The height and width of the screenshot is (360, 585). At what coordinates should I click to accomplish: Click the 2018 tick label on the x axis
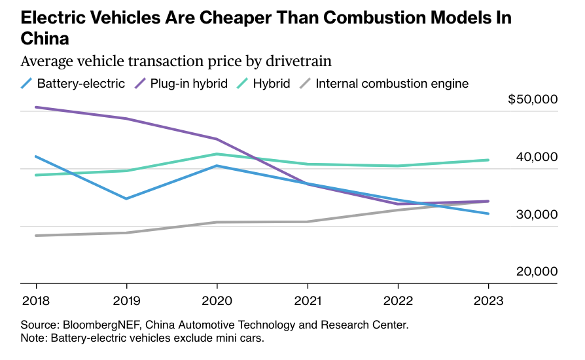click(35, 302)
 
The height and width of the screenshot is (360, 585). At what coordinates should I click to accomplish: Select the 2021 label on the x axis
click(307, 302)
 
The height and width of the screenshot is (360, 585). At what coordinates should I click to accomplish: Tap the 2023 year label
click(488, 302)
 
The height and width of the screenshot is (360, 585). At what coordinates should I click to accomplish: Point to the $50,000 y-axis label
click(533, 99)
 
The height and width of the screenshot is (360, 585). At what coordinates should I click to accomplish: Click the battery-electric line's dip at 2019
click(126, 198)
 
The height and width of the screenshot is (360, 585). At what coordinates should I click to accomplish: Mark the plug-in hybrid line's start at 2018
click(35, 107)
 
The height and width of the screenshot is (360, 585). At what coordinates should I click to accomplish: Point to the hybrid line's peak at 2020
click(217, 154)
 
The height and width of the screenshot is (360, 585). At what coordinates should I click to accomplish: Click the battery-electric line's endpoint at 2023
click(488, 213)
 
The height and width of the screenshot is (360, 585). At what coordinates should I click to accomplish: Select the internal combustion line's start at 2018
click(35, 236)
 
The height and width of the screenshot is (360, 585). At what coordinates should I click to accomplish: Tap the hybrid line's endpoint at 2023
click(488, 160)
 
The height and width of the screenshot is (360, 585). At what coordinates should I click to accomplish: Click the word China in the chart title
click(44, 39)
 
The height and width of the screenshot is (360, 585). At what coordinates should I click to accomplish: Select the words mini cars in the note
click(241, 338)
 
